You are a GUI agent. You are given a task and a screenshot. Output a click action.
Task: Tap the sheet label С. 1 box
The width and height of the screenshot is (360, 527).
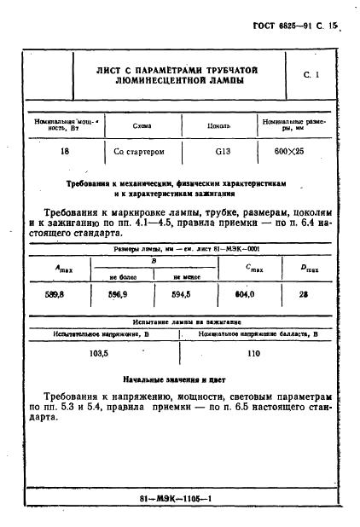tap(311, 75)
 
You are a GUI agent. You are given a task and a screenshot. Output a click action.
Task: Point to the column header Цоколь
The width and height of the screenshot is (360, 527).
tap(220, 125)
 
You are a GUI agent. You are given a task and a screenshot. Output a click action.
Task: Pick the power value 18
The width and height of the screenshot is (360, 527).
tap(65, 151)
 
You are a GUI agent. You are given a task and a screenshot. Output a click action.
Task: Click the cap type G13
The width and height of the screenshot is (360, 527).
tap(220, 151)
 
